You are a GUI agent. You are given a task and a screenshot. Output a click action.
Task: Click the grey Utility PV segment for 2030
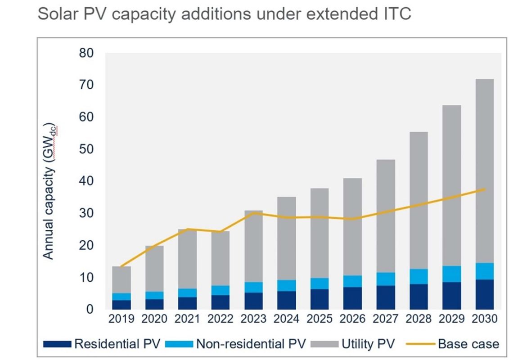tap(484, 171)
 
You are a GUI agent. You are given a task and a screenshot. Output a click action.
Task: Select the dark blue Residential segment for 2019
tap(122, 305)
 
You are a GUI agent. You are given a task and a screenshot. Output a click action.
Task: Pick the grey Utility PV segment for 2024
tap(287, 238)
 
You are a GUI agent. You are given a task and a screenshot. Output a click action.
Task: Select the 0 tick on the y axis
tap(89, 310)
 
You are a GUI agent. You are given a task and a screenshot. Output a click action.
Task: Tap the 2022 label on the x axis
tap(221, 319)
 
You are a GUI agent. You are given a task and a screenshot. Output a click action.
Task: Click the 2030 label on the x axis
tap(485, 319)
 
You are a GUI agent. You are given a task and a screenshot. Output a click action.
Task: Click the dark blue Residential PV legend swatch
tap(57, 344)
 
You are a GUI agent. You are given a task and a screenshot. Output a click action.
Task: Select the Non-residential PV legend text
tap(250, 344)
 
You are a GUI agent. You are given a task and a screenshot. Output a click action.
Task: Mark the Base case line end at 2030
tap(485, 189)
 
